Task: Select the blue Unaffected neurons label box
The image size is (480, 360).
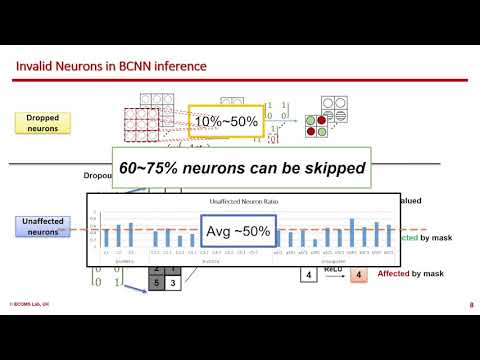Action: [x=42, y=226]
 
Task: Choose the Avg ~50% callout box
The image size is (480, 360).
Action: [x=238, y=231]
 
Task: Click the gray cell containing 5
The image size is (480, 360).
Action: [x=156, y=283]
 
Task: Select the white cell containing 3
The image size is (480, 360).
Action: [x=171, y=283]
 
